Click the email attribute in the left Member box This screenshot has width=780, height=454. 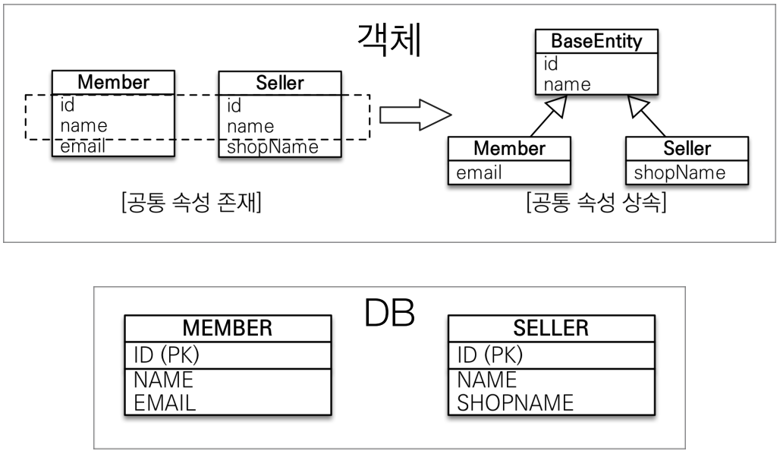coord(83,147)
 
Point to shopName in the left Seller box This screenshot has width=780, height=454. coord(272,147)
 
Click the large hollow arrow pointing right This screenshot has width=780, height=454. coord(414,115)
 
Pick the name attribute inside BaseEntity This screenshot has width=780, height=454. coord(568,84)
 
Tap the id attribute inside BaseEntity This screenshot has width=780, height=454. coord(551,65)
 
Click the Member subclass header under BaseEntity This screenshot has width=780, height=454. coord(509,148)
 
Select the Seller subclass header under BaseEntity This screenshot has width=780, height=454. coord(687,148)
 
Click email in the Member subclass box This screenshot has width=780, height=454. coord(480,172)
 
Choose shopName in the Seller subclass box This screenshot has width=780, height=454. coord(679,172)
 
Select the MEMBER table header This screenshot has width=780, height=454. coord(228,328)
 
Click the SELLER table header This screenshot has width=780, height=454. coord(551,328)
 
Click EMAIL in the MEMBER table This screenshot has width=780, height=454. coord(165,402)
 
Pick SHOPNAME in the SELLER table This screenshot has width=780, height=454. coord(515,402)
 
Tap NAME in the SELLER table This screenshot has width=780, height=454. coord(486,380)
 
